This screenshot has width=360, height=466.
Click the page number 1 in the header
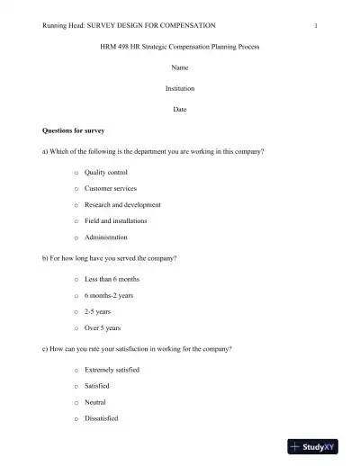pos(316,26)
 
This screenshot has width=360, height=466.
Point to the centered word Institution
pos(180,88)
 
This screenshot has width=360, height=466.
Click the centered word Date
pos(180,109)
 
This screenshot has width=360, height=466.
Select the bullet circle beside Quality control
pos(76,172)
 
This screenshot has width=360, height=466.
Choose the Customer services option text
pos(111,188)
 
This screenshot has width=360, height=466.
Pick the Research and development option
pos(122,204)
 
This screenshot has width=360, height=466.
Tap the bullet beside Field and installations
pos(76,220)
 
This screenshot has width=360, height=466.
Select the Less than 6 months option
pos(112,279)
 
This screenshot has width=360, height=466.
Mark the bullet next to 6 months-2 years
pos(76,296)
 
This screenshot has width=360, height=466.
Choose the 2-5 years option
pos(98,312)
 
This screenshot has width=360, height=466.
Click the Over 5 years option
pos(103,328)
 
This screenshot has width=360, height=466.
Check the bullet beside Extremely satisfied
pos(76,371)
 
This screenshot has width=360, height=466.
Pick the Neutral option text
pos(95,402)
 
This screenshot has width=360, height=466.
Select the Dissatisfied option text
pos(102,418)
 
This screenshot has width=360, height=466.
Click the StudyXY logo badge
pos(319,446)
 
